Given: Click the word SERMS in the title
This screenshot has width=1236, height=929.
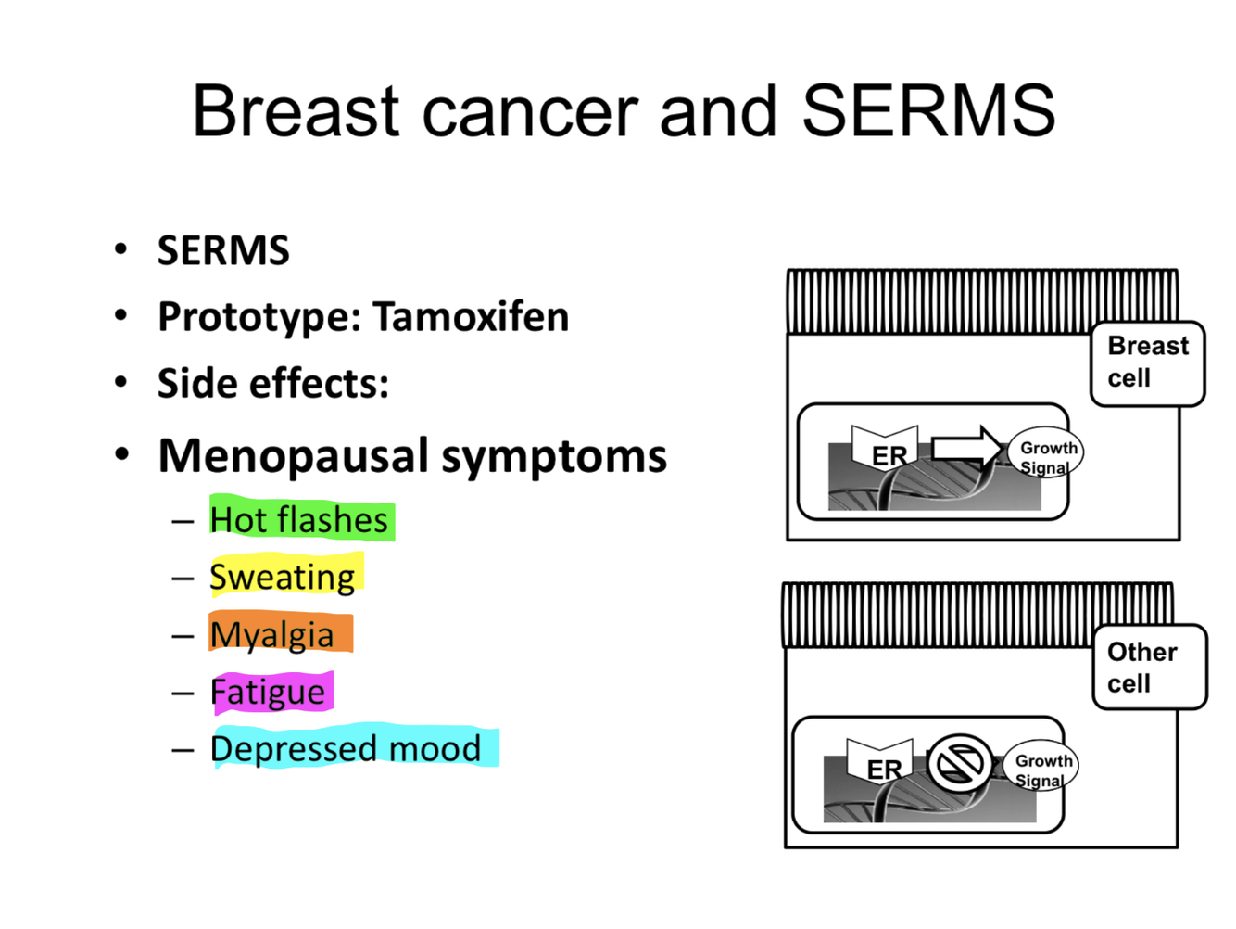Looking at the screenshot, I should click(928, 111).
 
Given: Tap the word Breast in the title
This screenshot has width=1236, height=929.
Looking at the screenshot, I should click(296, 111).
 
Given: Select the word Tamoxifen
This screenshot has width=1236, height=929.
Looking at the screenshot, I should click(471, 317).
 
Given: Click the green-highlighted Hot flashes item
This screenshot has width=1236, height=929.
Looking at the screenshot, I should click(299, 520).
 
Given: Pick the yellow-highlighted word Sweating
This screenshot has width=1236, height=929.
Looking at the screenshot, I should click(283, 577).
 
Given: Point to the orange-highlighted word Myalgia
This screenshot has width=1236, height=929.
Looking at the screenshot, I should click(272, 635).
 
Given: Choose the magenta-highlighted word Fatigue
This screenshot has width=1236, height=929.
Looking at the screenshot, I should click(268, 693).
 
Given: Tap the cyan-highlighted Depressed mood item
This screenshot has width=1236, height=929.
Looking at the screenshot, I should click(347, 749).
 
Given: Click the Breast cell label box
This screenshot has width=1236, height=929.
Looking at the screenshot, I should click(1147, 363).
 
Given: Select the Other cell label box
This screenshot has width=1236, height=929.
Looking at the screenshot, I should click(1149, 668).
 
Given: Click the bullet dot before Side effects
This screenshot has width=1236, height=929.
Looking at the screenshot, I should click(120, 383).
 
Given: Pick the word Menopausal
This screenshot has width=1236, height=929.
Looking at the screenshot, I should click(294, 456).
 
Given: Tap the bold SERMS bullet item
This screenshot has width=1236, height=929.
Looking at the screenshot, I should click(223, 251).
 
